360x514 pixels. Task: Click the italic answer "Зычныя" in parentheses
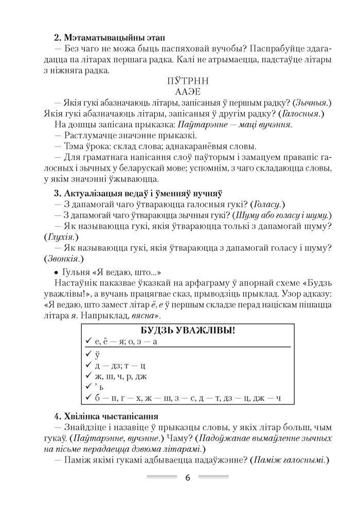[311, 103]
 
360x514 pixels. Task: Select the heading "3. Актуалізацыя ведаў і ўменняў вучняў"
[138, 194]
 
